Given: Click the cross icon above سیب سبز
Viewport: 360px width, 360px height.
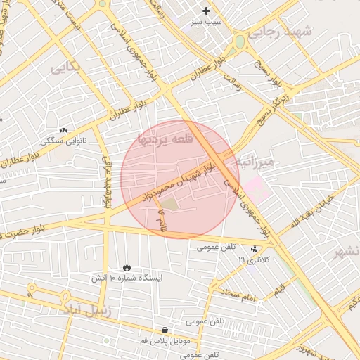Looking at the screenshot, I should point(206,11).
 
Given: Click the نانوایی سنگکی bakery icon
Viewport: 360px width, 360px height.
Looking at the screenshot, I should point(63,130).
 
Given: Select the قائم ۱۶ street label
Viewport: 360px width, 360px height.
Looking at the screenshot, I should point(163,218).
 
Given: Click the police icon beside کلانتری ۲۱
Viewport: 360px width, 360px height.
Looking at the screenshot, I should point(253,249).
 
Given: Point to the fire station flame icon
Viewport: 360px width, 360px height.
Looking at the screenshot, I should point(126,267).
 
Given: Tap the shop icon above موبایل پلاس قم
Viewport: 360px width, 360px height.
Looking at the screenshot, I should point(165,329).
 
